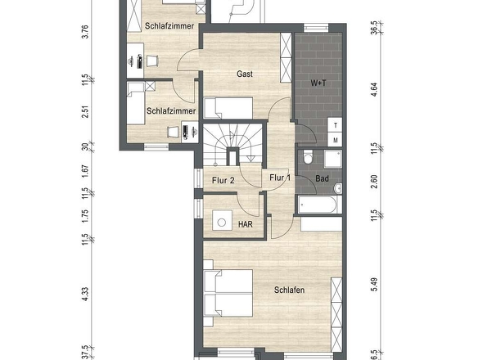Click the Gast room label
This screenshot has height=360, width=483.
click(245, 74)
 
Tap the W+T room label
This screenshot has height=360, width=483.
click(318, 83)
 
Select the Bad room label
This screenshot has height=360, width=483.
click(322, 178)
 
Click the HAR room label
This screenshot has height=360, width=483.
click(246, 224)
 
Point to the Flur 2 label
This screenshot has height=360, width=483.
click(223, 180)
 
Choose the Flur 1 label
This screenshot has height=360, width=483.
click(280, 178)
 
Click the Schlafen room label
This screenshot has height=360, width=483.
click(290, 290)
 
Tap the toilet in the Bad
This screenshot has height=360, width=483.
click(308, 157)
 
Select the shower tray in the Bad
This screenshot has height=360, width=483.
click(332, 159)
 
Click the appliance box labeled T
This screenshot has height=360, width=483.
click(335, 125)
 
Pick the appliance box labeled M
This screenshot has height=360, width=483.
click(335, 140)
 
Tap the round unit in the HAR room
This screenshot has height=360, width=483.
click(222, 222)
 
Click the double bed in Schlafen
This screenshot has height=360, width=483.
click(228, 293)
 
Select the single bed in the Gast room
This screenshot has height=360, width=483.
click(228, 108)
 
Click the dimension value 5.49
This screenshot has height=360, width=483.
click(374, 285)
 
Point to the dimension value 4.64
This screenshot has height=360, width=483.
click(374, 90)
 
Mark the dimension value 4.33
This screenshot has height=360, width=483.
click(85, 295)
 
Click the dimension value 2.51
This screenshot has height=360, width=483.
click(85, 112)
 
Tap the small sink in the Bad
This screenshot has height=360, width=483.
click(338, 188)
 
